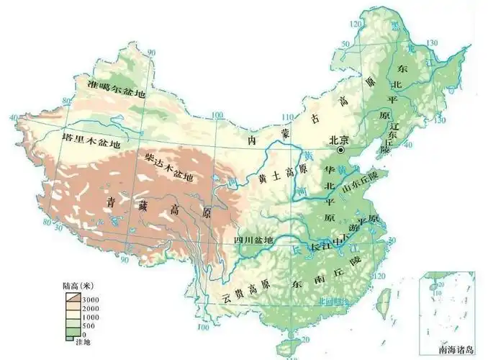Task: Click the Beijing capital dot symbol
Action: tap(340, 150)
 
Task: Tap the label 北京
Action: tap(338, 140)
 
